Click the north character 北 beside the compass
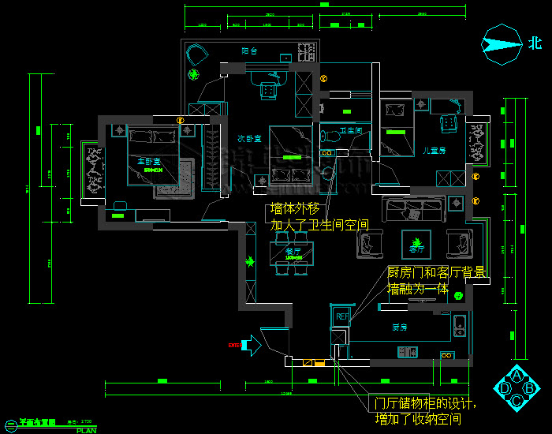[535, 43]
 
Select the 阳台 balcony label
[249, 51]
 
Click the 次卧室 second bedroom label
[249, 139]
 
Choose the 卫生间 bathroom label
[350, 130]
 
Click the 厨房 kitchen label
[399, 327]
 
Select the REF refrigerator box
[342, 316]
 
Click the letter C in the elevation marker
[517, 401]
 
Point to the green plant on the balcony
[193, 76]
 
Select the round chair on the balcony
[196, 55]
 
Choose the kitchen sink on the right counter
[459, 325]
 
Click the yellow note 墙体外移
[297, 210]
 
